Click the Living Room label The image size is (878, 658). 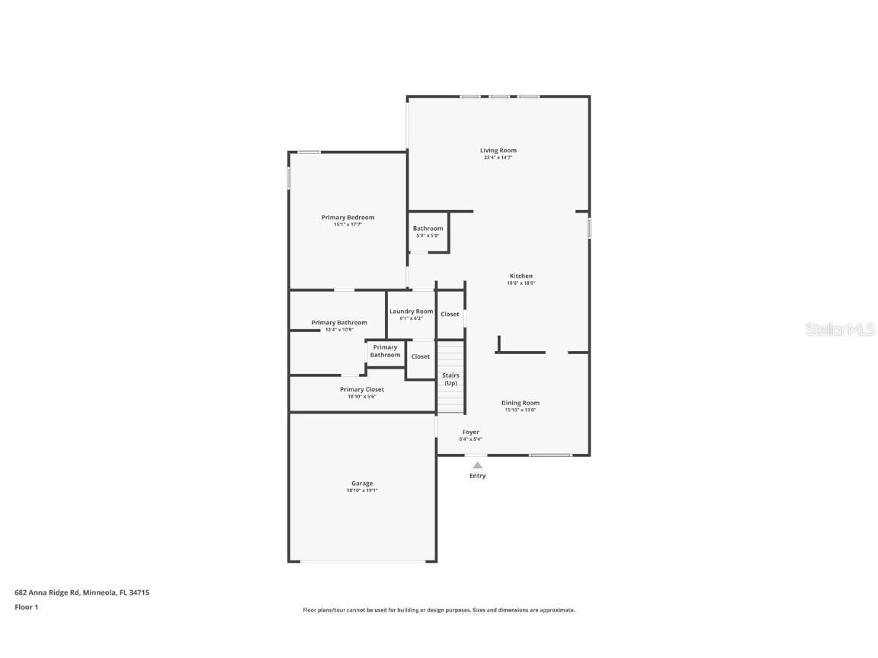[x=498, y=151]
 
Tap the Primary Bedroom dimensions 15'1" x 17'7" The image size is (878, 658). [x=348, y=225]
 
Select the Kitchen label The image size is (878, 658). [x=521, y=276]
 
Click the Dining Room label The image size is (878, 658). [x=521, y=403]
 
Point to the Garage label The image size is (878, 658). [x=362, y=484]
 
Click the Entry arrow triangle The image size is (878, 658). [x=477, y=465]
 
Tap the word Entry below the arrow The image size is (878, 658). [x=477, y=476]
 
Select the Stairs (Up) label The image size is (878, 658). [x=450, y=379]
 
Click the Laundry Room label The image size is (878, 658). [x=411, y=311]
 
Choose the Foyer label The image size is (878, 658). [x=470, y=432]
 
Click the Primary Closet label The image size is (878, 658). [x=362, y=389]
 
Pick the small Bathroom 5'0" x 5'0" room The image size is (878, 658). [x=428, y=232]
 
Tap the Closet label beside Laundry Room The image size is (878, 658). [x=450, y=314]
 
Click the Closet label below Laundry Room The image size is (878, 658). [x=421, y=356]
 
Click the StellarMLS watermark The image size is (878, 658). [x=840, y=329]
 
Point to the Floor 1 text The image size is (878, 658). [x=26, y=607]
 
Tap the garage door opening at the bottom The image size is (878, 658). [x=363, y=562]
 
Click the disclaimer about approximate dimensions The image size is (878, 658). [x=439, y=610]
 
